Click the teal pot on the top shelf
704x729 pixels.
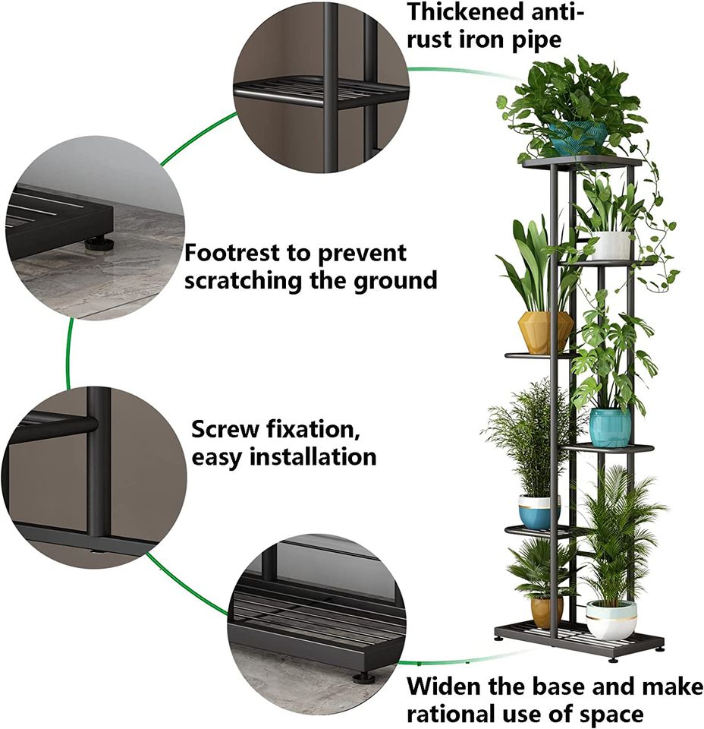pos(578,137)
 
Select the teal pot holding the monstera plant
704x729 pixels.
pos(611,428)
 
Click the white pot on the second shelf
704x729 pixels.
pos(611,245)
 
